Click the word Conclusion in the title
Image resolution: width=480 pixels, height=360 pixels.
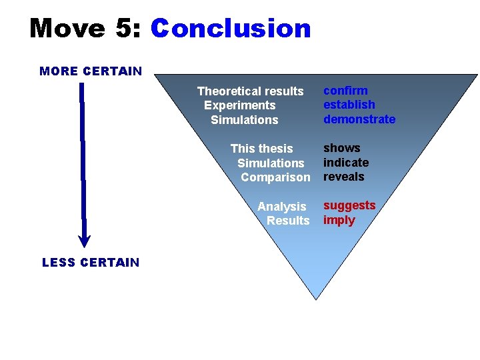[x=231, y=29]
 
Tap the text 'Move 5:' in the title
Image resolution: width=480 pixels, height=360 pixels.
[x=86, y=29]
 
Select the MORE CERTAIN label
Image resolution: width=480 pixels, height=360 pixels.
[x=91, y=71]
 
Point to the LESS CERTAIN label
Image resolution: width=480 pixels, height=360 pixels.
[x=91, y=262]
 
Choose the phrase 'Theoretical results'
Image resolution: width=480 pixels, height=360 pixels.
[x=250, y=91]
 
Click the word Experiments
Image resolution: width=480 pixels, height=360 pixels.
[x=239, y=105]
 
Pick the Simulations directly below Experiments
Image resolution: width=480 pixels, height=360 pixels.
[x=244, y=120]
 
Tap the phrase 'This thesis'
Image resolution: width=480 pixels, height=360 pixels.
[x=261, y=149]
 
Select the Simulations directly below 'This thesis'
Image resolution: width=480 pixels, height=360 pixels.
[x=271, y=163]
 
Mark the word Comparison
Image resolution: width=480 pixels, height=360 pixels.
[x=275, y=177]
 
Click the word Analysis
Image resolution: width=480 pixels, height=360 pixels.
[x=282, y=207]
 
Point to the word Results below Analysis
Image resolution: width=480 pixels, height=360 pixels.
[x=288, y=221]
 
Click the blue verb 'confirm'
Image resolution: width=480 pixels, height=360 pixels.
[x=345, y=91]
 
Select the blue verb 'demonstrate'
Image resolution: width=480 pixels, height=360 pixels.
[x=359, y=119]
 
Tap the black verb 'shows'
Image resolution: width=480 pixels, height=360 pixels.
[x=342, y=148]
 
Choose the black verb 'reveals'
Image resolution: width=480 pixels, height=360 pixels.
[x=344, y=177]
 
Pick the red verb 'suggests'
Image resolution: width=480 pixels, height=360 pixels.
[x=349, y=205]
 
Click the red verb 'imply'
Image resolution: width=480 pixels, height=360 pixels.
[x=339, y=220]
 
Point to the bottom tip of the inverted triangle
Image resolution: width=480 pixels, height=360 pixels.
[x=316, y=297]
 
